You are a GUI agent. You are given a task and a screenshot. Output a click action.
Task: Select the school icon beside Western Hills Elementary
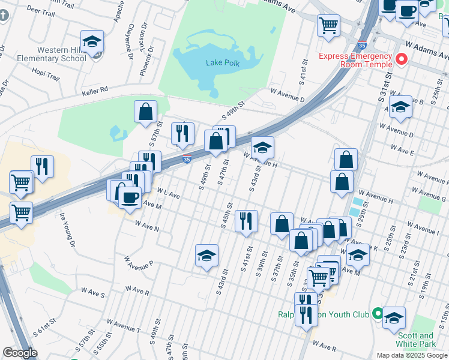point(92,42)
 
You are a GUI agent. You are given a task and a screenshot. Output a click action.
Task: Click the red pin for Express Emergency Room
point(401,59)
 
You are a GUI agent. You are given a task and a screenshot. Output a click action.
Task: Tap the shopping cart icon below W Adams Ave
point(329,26)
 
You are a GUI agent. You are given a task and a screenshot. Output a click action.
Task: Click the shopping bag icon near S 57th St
point(145,112)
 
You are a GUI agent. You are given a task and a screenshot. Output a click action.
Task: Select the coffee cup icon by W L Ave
point(130,197)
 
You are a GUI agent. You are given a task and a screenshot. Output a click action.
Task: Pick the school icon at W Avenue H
point(262,148)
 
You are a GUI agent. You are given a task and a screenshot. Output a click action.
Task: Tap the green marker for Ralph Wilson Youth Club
point(377,313)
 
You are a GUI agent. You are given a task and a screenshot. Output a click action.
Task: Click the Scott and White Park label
point(414,340)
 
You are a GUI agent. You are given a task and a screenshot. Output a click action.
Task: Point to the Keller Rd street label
point(96,89)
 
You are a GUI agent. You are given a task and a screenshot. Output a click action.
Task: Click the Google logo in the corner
point(20,353)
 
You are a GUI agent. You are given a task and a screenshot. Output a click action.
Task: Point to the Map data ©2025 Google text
point(412,355)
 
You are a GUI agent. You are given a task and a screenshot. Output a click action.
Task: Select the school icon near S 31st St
point(400,107)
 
